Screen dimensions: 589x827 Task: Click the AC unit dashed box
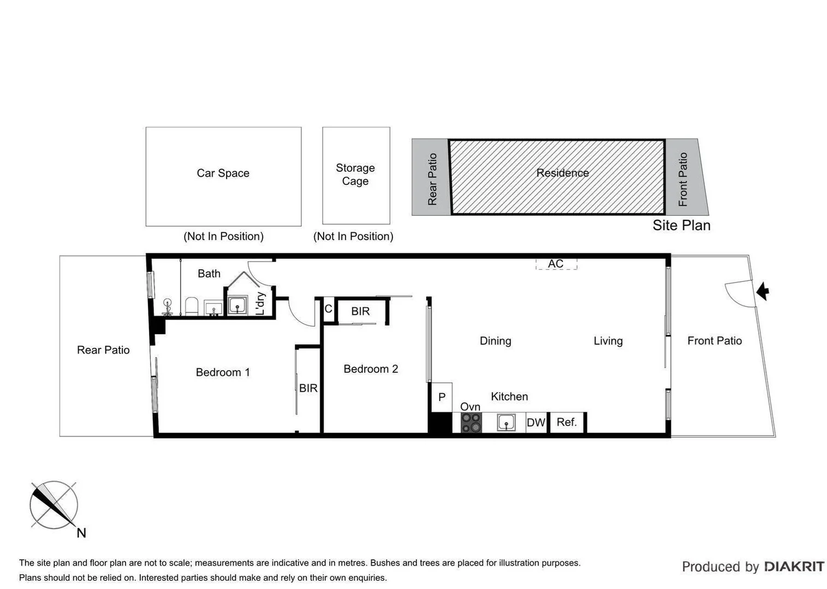pos(556,264)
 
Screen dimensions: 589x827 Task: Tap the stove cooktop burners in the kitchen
pos(471,423)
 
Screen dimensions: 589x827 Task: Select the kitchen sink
pos(506,423)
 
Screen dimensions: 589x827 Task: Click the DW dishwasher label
pos(536,423)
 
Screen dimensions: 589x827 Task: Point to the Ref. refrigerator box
pos(567,422)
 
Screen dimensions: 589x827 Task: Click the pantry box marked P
pos(442,397)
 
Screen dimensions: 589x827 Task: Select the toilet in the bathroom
pos(191,306)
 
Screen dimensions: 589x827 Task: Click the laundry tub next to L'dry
pos(237,305)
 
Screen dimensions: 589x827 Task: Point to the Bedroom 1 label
pos(223,372)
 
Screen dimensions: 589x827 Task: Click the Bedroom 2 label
pos(371,369)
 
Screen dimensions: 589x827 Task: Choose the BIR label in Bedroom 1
pos(308,388)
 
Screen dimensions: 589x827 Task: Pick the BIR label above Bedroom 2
pos(360,311)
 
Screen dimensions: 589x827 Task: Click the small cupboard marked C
pos(328,309)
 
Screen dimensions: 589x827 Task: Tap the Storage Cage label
pos(355,175)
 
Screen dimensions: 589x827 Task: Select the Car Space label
pos(223,173)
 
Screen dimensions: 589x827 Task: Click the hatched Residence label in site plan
pos(562,173)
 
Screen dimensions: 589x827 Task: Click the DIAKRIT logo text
pos(794,567)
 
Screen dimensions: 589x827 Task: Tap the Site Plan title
pos(681,226)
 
